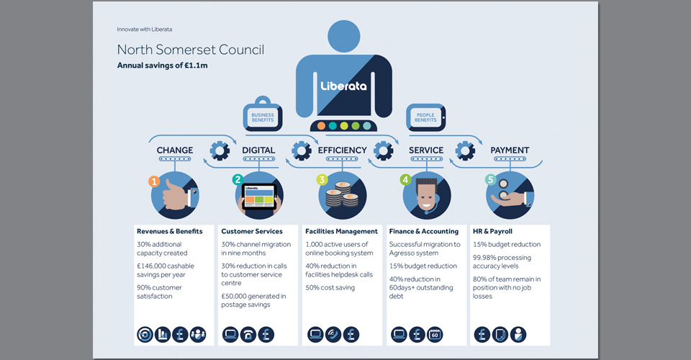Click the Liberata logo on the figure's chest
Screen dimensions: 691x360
pyautogui.click(x=343, y=86)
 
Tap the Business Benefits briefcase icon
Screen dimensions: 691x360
pyautogui.click(x=263, y=114)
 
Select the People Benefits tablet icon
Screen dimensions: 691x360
pyautogui.click(x=425, y=117)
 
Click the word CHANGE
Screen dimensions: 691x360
pyautogui.click(x=175, y=150)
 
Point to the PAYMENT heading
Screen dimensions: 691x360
pyautogui.click(x=510, y=150)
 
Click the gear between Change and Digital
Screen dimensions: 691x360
pyautogui.click(x=220, y=150)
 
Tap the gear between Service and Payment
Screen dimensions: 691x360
pyautogui.click(x=465, y=150)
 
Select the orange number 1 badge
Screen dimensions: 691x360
pyautogui.click(x=154, y=181)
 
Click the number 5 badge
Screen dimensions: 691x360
pyautogui.click(x=490, y=180)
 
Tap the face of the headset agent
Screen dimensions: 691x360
pyautogui.click(x=425, y=197)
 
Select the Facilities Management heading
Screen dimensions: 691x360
pyautogui.click(x=341, y=231)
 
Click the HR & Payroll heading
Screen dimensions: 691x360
pyautogui.click(x=492, y=231)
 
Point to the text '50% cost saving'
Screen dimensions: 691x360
pyautogui.click(x=330, y=288)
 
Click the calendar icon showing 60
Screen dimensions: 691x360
pyautogui.click(x=435, y=335)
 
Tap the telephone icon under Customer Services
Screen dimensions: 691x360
pyautogui.click(x=248, y=335)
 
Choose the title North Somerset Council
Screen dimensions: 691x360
pyautogui.click(x=190, y=50)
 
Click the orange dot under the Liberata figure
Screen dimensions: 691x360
pyautogui.click(x=321, y=125)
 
